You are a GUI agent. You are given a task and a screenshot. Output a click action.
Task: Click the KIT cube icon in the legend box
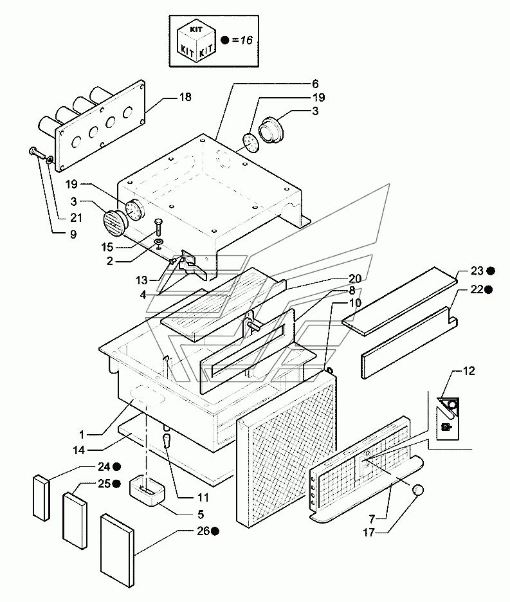coord(196,41)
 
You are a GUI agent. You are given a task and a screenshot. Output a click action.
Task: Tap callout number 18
coord(185,96)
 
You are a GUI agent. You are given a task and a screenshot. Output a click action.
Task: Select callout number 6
coord(315,84)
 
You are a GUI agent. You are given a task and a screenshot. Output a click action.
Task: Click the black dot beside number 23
coord(491,271)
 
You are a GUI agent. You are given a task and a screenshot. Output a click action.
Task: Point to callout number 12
coord(469,371)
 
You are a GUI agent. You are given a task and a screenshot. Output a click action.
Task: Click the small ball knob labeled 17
coord(417,490)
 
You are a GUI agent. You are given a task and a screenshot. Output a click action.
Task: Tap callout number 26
coord(203,531)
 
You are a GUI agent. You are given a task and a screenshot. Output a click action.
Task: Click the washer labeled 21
coord(50,159)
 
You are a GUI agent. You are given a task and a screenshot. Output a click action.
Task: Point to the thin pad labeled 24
coord(41,498)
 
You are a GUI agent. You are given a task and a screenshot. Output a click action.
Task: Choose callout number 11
coord(203,498)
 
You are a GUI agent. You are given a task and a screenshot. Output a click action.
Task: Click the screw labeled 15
coord(158,228)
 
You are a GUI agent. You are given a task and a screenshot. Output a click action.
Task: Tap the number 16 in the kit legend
coord(246,40)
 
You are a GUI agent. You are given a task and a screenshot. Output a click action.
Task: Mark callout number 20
coord(355,278)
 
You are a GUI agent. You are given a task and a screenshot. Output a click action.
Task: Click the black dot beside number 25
coord(117,484)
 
